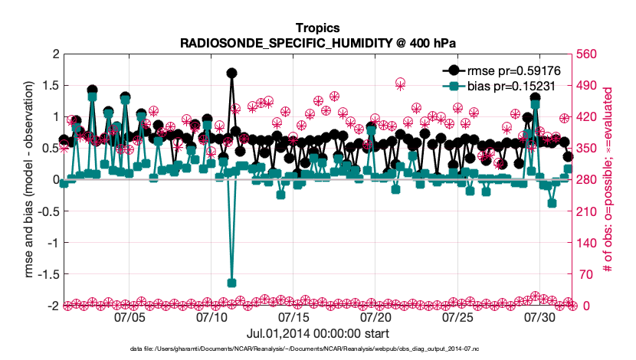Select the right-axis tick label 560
(x=588, y=54)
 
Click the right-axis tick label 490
(x=588, y=86)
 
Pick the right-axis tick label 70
(x=585, y=274)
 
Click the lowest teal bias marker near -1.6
(x=232, y=283)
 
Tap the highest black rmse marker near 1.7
(x=231, y=73)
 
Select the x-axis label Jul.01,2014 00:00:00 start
(x=318, y=334)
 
